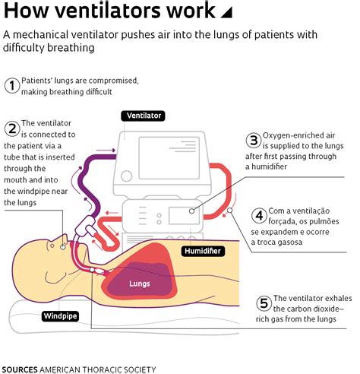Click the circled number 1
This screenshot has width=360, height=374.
coord(11,85)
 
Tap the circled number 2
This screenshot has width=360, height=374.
coord(11,128)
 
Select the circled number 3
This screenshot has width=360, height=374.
coord(253,140)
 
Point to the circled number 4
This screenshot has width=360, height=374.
coord(259,216)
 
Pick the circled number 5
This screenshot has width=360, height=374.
coord(264,303)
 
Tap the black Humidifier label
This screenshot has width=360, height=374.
coord(204,249)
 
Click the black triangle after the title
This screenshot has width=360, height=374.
coord(226,13)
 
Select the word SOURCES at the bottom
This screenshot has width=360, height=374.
coord(20,369)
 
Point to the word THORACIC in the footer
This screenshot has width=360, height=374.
coord(109,369)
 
